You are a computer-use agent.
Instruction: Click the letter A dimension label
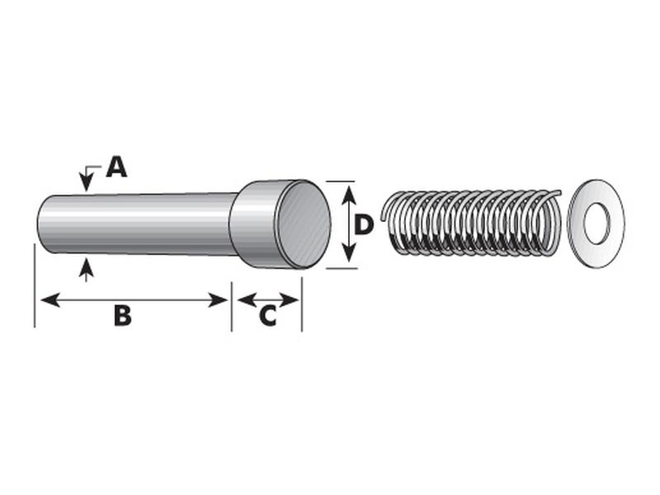(x=117, y=167)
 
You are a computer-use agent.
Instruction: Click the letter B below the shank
(x=122, y=316)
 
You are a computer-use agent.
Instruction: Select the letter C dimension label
(x=267, y=316)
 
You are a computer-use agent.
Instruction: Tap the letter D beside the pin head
(x=364, y=224)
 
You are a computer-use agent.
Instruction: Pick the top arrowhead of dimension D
(x=348, y=192)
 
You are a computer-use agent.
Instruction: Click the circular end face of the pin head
(x=302, y=224)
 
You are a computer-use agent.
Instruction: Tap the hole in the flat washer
(x=596, y=223)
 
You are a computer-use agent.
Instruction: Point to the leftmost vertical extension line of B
(x=35, y=289)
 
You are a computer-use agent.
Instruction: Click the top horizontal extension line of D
(x=340, y=181)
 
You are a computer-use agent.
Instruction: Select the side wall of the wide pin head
(x=252, y=224)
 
